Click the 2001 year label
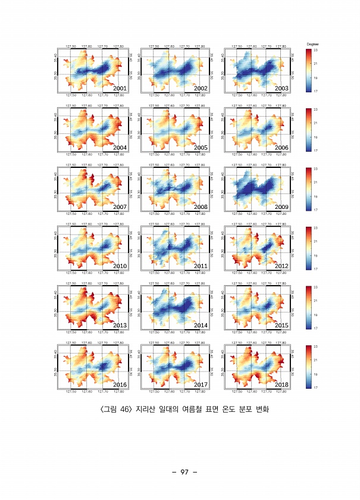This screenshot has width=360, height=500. pos(120,88)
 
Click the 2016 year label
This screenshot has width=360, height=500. pos(120,385)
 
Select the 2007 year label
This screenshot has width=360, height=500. pos(120,206)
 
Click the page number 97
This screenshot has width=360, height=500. pos(180,472)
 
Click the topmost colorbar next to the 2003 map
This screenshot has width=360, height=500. pos(308,70)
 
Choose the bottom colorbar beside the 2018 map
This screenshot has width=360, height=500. pos(308,367)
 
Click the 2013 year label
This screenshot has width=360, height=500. pos(120,325)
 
